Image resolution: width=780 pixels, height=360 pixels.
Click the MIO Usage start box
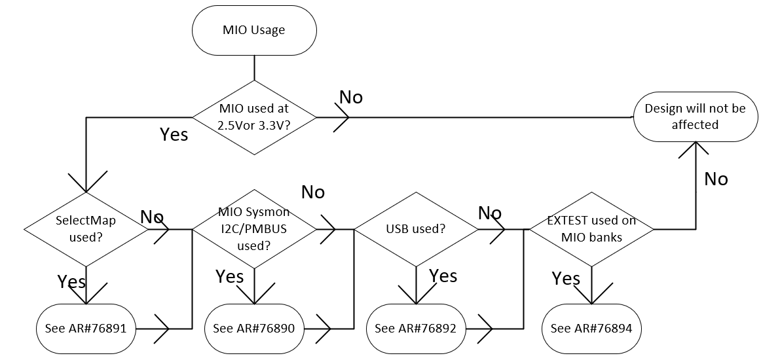(x=254, y=30)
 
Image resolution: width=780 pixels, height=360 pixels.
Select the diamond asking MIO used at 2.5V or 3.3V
(x=253, y=117)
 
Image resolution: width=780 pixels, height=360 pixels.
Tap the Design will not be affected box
(x=695, y=117)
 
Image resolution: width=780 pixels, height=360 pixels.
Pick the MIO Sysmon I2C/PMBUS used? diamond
(x=253, y=229)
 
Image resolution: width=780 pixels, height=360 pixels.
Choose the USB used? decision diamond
(x=416, y=229)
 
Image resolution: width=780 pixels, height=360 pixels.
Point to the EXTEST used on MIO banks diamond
(x=591, y=229)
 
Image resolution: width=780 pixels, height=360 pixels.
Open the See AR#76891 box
(x=86, y=328)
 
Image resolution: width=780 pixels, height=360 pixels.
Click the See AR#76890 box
(x=254, y=328)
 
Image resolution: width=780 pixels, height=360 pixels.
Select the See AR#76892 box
(x=416, y=328)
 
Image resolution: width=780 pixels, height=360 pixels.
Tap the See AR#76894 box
(x=591, y=328)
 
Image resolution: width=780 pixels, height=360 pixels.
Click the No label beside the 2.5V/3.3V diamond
(x=350, y=98)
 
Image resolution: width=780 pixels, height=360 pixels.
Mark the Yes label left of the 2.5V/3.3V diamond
(x=174, y=135)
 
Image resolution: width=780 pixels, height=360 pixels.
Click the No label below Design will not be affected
(x=716, y=179)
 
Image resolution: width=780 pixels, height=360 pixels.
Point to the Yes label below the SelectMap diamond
(x=71, y=282)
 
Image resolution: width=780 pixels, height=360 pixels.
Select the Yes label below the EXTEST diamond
(x=566, y=279)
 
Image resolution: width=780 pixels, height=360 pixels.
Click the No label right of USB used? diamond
(x=490, y=213)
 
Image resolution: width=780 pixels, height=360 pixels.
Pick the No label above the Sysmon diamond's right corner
(x=312, y=192)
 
